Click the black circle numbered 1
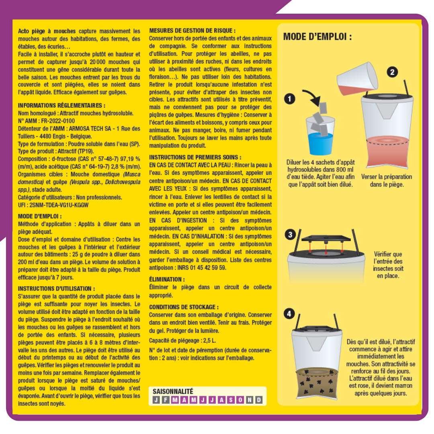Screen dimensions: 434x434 point(289,99)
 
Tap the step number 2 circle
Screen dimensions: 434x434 point(392,72)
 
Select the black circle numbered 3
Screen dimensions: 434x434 point(290,235)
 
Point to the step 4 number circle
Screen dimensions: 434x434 point(289,313)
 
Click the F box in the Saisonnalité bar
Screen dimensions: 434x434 point(166,400)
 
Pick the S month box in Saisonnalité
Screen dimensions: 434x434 point(231,400)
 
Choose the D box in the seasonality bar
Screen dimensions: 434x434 point(259,400)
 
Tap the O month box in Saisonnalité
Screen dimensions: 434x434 point(240,400)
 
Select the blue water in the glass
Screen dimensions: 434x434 point(321,143)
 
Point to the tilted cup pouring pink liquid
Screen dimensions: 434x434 point(357,79)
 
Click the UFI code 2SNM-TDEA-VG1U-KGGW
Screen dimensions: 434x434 point(59,205)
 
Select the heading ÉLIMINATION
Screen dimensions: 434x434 point(167,279)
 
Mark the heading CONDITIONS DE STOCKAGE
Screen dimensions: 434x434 point(184,307)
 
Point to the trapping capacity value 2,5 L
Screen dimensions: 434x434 point(209,340)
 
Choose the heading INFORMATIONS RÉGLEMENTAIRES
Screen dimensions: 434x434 point(61,105)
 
